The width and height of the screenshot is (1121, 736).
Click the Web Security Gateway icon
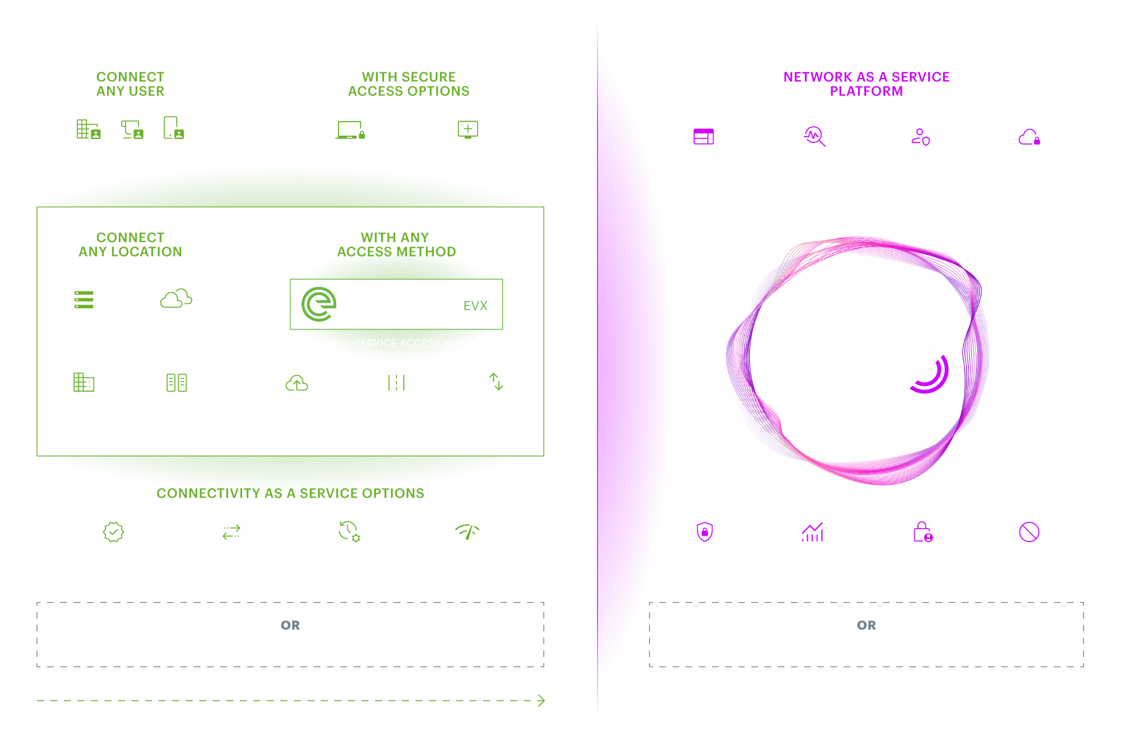click(x=703, y=137)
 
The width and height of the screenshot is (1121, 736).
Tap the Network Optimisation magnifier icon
click(x=814, y=136)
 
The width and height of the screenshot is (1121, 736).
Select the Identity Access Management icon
click(x=920, y=137)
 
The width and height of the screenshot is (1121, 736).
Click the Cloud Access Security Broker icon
click(x=1029, y=137)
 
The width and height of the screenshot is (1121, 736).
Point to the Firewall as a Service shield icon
click(x=704, y=532)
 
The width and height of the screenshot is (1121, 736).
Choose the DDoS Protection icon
click(x=1029, y=532)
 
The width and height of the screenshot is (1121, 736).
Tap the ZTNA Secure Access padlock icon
click(x=922, y=532)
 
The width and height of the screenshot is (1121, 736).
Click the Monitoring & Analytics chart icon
click(x=812, y=532)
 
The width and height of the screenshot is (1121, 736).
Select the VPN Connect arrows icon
click(x=496, y=382)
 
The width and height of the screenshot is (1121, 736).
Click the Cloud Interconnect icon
click(x=297, y=383)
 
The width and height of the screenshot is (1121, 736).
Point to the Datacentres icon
click(x=177, y=383)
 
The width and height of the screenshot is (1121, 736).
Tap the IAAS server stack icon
click(x=84, y=299)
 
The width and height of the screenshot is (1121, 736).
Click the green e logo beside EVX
click(x=319, y=304)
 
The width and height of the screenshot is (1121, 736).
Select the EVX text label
click(x=475, y=306)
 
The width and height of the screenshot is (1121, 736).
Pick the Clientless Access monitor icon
click(x=468, y=129)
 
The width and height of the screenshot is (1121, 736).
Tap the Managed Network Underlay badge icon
click(x=113, y=532)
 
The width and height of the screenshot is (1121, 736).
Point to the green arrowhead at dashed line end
click(x=541, y=701)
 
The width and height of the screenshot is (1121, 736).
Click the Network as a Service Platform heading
click(x=866, y=84)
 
